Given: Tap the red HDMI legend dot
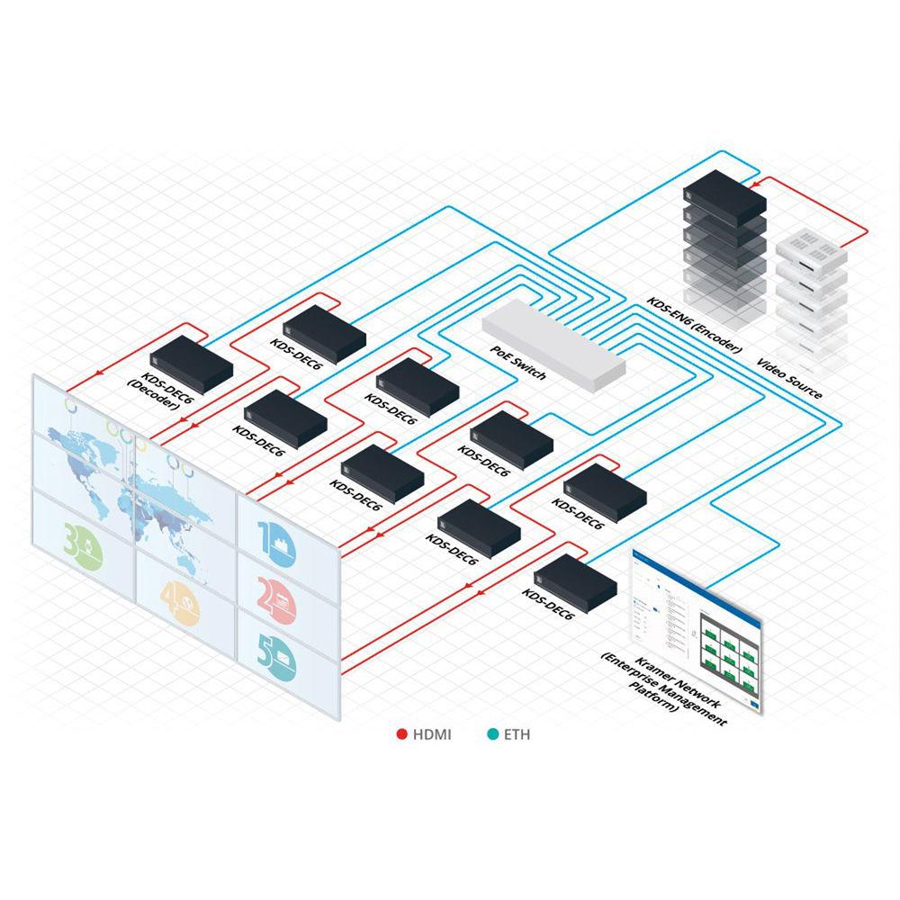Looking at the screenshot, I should coord(402,734).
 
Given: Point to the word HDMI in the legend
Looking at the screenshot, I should coord(432,734).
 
